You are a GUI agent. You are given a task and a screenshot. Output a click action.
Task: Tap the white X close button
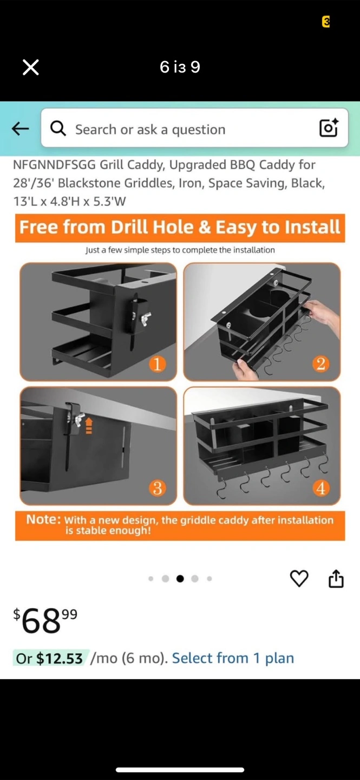click(x=31, y=67)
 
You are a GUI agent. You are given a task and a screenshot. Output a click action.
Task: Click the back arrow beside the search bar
click(x=20, y=129)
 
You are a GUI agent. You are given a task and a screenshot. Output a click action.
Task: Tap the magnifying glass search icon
click(x=58, y=129)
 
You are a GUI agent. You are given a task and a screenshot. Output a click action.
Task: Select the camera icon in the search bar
click(x=329, y=128)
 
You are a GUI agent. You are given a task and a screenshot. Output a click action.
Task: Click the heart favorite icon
click(x=299, y=578)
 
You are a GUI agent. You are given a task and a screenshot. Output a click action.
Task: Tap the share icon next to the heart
click(x=336, y=578)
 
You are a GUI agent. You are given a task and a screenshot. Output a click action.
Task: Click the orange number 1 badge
click(x=158, y=364)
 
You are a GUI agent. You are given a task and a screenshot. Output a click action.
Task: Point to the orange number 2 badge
click(x=320, y=363)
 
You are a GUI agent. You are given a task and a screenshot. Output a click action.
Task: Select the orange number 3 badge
click(x=158, y=488)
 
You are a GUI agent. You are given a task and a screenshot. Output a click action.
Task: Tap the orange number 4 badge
click(x=320, y=488)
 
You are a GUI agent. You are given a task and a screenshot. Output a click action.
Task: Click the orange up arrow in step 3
click(x=89, y=426)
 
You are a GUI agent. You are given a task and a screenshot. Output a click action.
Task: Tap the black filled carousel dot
click(x=180, y=578)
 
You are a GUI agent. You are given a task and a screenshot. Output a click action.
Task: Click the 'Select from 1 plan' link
click(x=233, y=658)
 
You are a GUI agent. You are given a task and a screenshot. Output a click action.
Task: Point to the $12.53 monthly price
click(x=59, y=658)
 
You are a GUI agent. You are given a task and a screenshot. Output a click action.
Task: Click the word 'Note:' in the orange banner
click(x=44, y=519)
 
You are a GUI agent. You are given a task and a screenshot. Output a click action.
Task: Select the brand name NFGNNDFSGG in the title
click(x=54, y=165)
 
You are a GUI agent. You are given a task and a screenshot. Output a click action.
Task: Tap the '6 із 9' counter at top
click(x=180, y=67)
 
